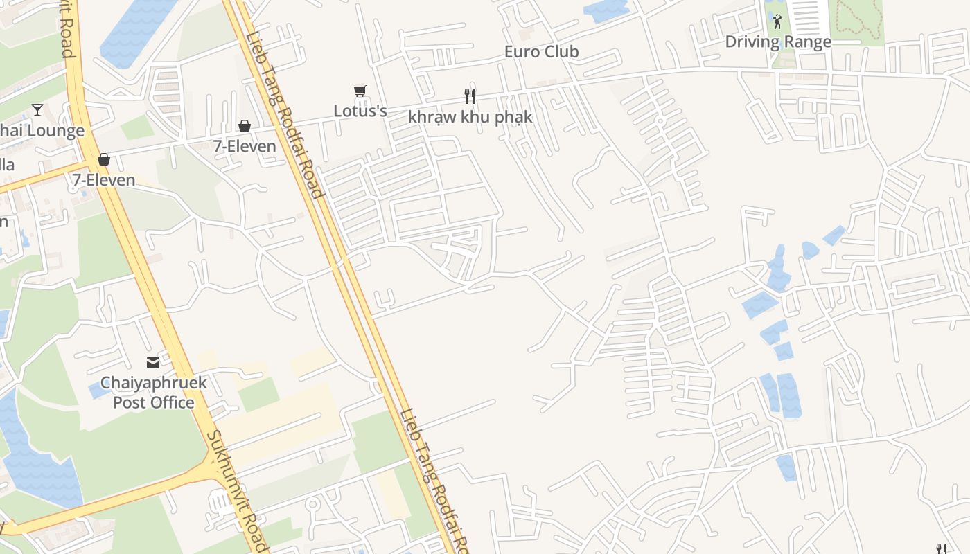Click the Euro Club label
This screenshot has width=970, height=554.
pyautogui.click(x=541, y=52)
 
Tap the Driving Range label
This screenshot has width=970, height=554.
pyautogui.click(x=777, y=42)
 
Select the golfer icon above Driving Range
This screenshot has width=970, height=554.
pyautogui.click(x=777, y=21)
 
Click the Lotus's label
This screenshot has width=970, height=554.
pyautogui.click(x=360, y=111)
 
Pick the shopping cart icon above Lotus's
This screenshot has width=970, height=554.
pyautogui.click(x=360, y=92)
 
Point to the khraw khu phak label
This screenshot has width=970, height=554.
pyautogui.click(x=470, y=116)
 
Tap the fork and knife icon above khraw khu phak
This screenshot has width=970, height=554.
pyautogui.click(x=470, y=96)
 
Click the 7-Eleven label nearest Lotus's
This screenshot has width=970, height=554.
pyautogui.click(x=244, y=146)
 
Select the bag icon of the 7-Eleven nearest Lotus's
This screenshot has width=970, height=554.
pyautogui.click(x=244, y=126)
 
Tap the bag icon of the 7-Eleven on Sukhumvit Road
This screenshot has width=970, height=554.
pyautogui.click(x=104, y=160)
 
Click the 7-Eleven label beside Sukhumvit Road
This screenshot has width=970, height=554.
pyautogui.click(x=104, y=180)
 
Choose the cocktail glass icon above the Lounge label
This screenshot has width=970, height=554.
pyautogui.click(x=37, y=110)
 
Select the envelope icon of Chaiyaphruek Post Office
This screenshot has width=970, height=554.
pyautogui.click(x=152, y=362)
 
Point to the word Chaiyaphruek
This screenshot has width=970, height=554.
pyautogui.click(x=153, y=383)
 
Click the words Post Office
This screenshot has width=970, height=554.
pyautogui.click(x=153, y=402)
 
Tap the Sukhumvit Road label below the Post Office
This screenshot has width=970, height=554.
pyautogui.click(x=236, y=492)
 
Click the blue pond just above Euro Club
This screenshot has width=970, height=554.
pyautogui.click(x=606, y=10)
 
